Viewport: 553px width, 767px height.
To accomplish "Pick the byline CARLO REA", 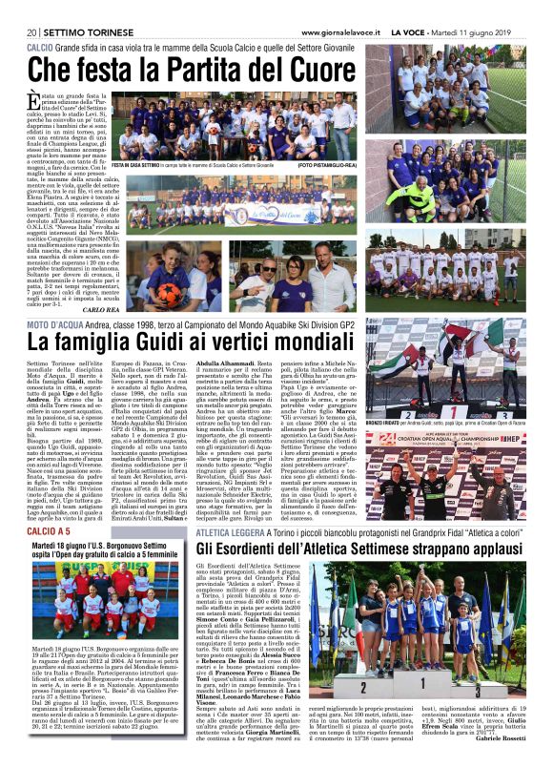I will click(x=100, y=310).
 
